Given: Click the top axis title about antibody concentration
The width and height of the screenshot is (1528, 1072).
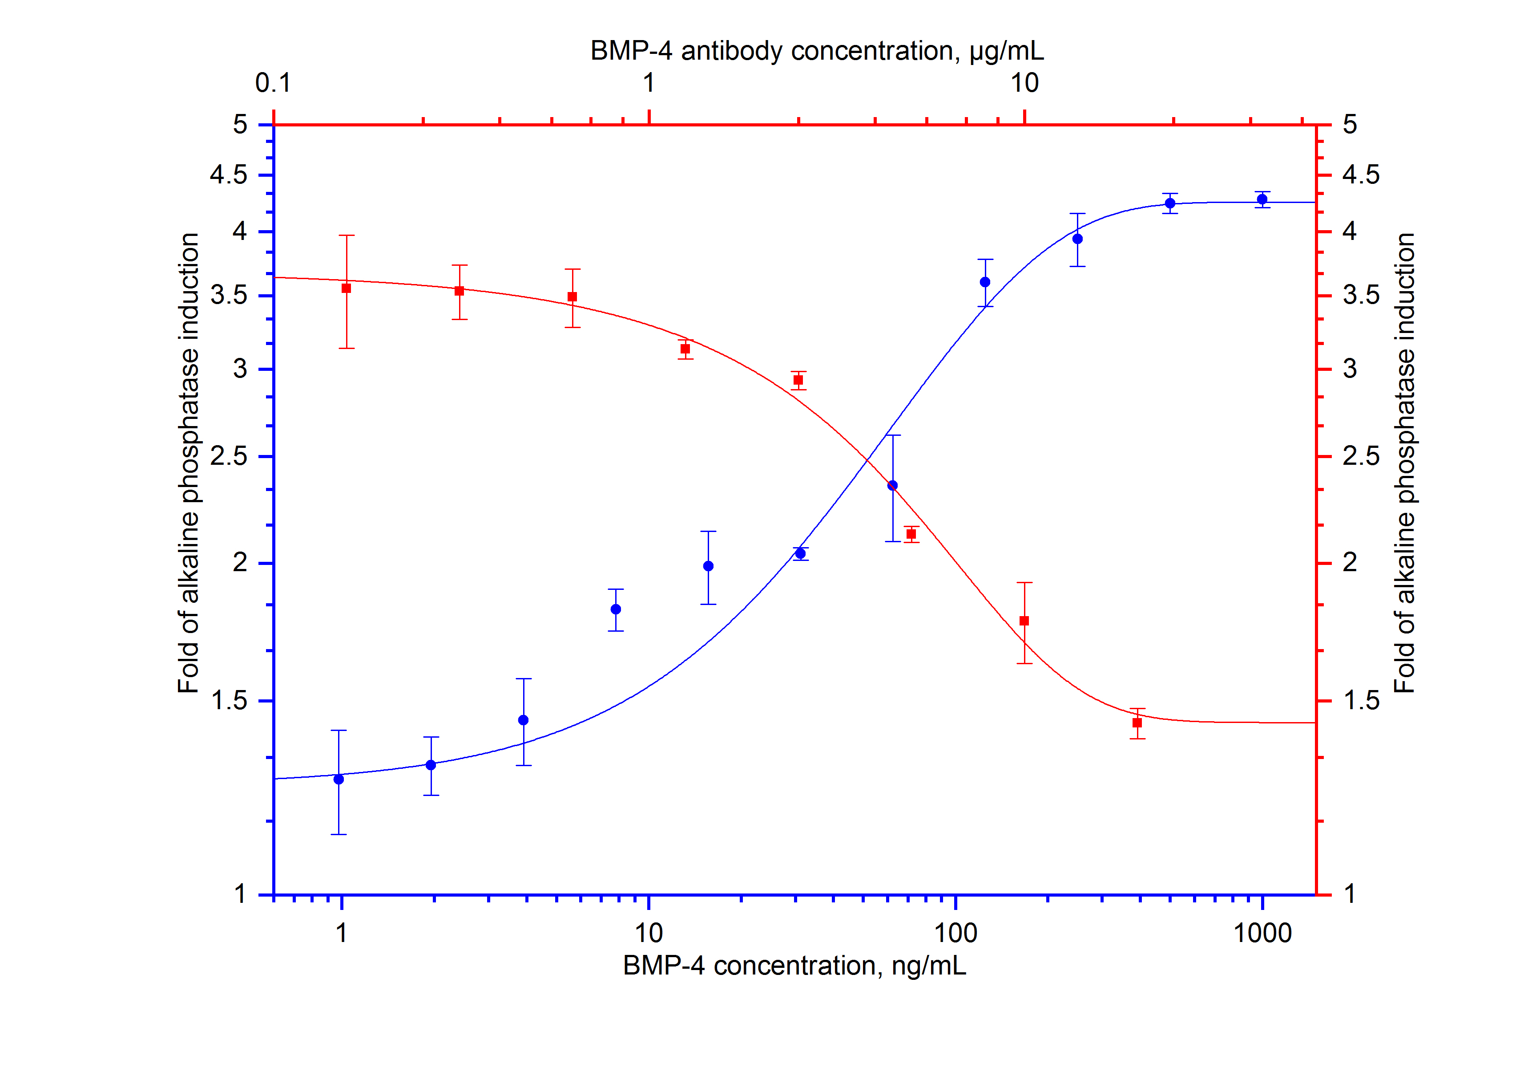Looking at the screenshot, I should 817,51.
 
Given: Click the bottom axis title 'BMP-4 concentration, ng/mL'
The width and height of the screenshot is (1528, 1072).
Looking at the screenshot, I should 794,966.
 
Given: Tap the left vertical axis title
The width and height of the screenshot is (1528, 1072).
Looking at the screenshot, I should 188,463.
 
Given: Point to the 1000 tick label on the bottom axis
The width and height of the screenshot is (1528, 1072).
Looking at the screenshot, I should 1262,934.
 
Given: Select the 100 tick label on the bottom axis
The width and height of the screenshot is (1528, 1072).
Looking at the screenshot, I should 956,934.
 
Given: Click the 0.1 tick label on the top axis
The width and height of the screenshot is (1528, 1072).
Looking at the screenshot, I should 273,83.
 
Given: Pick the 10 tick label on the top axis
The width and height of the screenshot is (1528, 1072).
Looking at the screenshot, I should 1024,83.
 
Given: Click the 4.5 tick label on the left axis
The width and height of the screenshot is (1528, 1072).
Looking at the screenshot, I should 228,175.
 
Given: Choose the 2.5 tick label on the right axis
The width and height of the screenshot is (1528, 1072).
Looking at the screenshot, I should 1361,457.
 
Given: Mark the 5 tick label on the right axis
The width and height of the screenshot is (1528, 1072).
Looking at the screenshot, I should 1350,125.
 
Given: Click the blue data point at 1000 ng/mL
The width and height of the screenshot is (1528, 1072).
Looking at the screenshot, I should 1262,199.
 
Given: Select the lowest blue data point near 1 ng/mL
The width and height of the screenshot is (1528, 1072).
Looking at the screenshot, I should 339,779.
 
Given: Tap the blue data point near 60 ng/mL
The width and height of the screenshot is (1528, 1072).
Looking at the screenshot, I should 892,485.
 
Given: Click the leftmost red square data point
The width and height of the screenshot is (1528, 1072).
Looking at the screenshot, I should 346,288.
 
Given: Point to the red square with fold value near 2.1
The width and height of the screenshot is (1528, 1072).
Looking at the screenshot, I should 911,534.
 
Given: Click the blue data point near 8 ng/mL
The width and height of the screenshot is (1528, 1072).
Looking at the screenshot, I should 616,609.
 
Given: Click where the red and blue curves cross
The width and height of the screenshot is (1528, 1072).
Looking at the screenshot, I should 867,460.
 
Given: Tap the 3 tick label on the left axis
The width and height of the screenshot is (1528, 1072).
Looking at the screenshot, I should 240,369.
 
